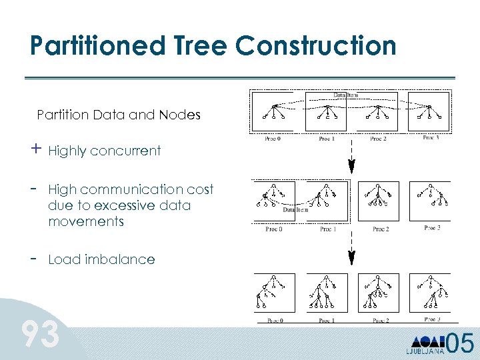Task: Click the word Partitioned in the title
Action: [87, 46]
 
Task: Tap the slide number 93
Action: [41, 335]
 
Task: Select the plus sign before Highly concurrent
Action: [35, 149]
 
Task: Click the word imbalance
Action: [120, 260]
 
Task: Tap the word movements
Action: [86, 221]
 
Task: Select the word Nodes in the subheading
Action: [179, 115]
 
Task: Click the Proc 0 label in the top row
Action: [271, 139]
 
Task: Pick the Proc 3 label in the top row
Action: [431, 137]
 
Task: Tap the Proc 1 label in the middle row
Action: [326, 229]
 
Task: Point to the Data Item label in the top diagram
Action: [345, 95]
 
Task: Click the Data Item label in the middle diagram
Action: [297, 209]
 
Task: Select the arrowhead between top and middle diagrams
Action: [352, 167]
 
